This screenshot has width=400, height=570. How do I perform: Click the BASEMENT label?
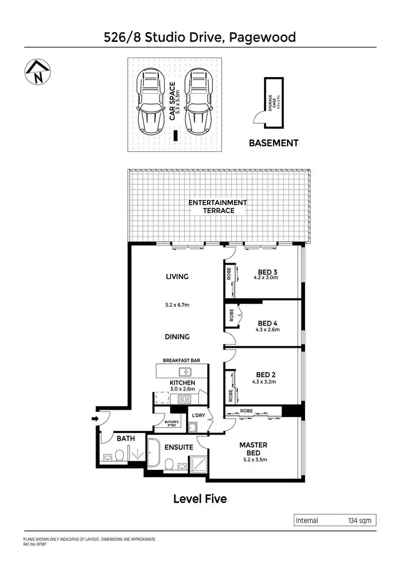tap(274, 143)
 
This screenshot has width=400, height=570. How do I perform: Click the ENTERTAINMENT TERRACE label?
tap(218, 206)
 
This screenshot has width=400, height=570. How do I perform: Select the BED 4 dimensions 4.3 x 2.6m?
tap(268, 330)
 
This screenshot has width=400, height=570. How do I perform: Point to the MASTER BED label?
tap(253, 449)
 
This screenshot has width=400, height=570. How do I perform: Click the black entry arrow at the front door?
tap(95, 419)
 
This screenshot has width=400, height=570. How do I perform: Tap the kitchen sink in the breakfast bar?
tap(185, 372)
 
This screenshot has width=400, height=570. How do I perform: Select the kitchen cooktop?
tap(184, 399)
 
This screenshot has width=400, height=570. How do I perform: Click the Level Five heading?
tap(200, 499)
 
